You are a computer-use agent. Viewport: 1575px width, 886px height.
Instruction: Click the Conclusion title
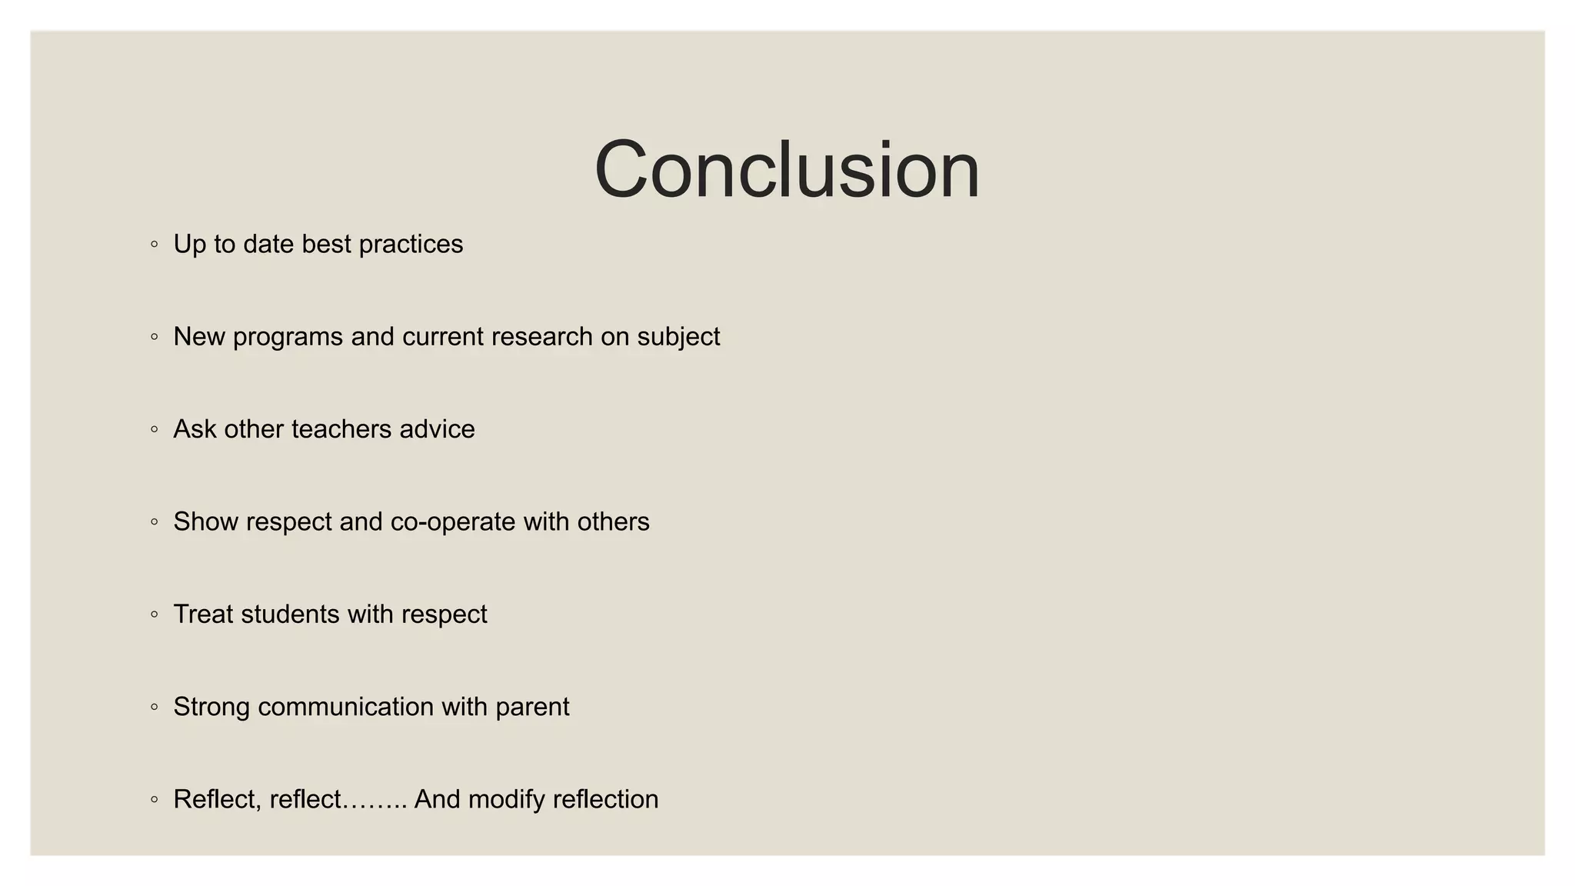[787, 170]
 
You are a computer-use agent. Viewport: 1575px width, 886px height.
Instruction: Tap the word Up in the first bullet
[189, 245]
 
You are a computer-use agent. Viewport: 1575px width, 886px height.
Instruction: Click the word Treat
[203, 615]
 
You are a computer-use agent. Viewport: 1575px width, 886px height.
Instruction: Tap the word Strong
[211, 707]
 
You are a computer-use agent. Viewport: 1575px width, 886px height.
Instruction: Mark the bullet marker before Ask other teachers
[155, 430]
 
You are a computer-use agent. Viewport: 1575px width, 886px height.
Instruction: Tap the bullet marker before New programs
[155, 337]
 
